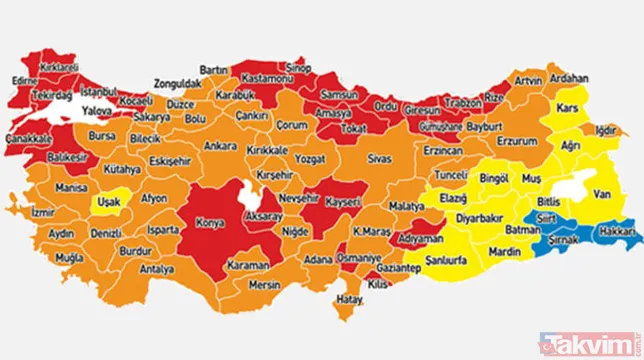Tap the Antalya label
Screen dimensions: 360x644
coord(157,269)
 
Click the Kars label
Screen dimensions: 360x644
coord(569,106)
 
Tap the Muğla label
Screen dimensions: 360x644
coord(68,256)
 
